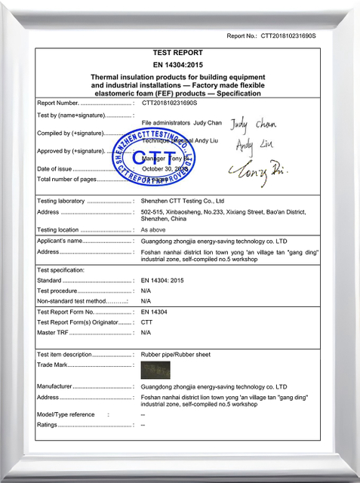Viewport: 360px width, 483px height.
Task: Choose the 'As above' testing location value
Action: tap(154, 229)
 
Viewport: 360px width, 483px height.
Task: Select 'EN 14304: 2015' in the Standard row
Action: tap(163, 281)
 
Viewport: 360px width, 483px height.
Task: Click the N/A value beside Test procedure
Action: tap(146, 291)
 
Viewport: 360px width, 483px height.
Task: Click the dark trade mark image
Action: tap(155, 370)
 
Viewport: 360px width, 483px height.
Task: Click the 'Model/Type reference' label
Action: tap(66, 414)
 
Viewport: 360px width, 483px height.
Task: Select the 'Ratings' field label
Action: tap(47, 425)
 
